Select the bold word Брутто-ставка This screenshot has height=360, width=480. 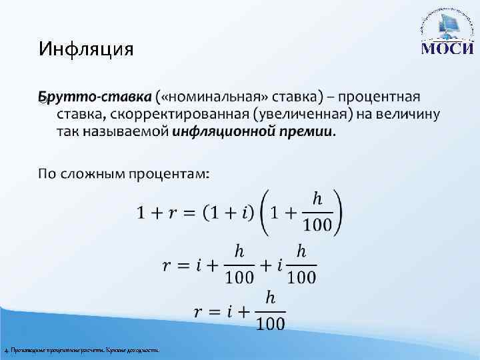coord(95,97)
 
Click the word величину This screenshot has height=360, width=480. coord(407,114)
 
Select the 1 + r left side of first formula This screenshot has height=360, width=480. coord(159,213)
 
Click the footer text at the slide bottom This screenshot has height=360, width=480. coord(82,349)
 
